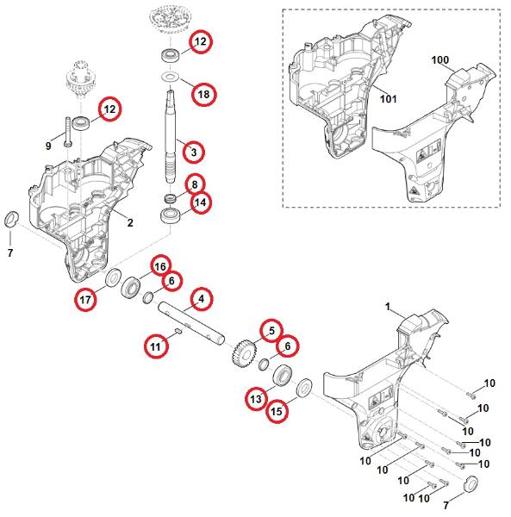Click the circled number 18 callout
[203, 94]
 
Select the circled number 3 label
[194, 152]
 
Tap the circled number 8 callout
[195, 184]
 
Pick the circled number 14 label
[200, 202]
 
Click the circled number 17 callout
[85, 299]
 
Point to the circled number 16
[160, 266]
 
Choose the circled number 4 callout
[201, 299]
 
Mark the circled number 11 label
[156, 346]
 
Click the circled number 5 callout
[271, 330]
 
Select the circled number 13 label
[256, 399]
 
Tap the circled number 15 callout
[277, 411]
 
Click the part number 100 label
[440, 59]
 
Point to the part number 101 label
[388, 98]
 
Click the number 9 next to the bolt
[48, 146]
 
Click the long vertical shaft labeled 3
[171, 136]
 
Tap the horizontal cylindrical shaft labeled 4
[191, 322]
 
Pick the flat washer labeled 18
[171, 77]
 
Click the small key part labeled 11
[178, 330]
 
